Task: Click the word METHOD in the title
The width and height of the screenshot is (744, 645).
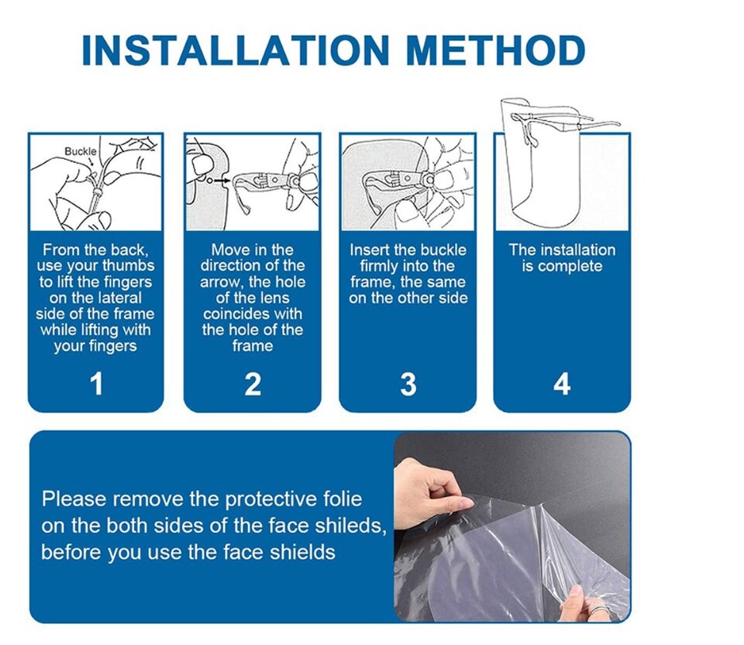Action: click(x=496, y=50)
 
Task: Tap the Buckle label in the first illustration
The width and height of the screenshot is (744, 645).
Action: click(x=80, y=151)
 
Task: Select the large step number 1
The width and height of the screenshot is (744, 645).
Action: click(x=96, y=384)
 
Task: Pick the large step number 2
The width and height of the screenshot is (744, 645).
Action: click(x=253, y=384)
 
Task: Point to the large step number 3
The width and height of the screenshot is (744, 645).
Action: click(x=408, y=384)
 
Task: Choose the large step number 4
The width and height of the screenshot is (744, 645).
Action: click(x=562, y=384)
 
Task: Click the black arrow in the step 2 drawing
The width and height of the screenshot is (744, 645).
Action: click(x=222, y=181)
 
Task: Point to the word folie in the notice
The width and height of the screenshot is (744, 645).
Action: click(x=343, y=498)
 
